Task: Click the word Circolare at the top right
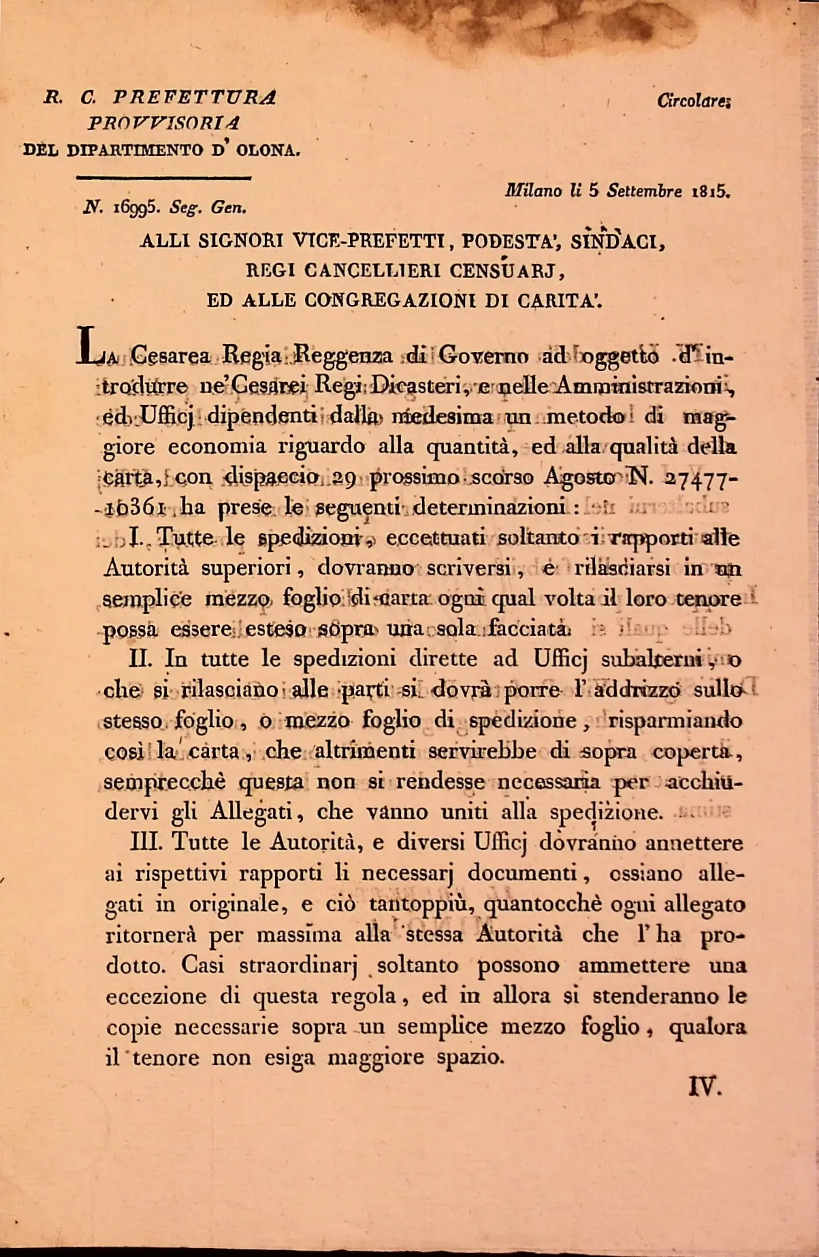(x=693, y=101)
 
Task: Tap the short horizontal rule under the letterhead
(x=165, y=178)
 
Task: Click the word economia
(x=217, y=447)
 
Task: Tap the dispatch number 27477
(x=698, y=477)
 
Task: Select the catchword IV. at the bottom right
(x=703, y=1087)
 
